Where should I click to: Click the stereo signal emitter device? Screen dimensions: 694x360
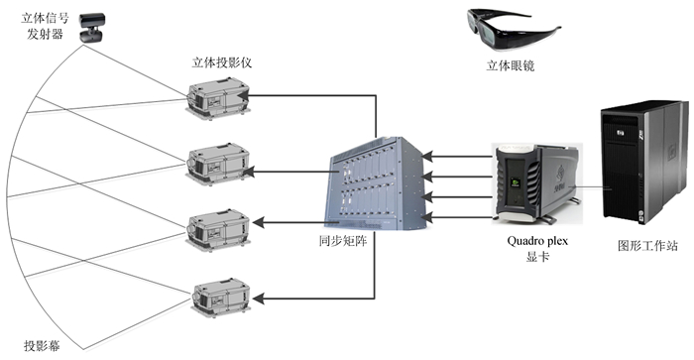click(x=92, y=28)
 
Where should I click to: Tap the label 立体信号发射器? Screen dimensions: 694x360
click(x=46, y=26)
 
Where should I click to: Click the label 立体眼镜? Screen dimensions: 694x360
click(x=511, y=66)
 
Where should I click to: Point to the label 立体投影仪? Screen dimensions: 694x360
click(x=222, y=62)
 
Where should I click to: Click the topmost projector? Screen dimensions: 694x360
click(x=218, y=98)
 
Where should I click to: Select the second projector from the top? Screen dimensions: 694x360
click(x=218, y=164)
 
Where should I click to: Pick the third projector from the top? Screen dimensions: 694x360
click(x=218, y=230)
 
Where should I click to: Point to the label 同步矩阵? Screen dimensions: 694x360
click(x=343, y=241)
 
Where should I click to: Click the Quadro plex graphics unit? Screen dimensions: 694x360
click(x=536, y=182)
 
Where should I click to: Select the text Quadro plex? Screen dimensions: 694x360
click(x=537, y=241)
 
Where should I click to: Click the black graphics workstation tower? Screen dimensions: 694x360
click(x=643, y=164)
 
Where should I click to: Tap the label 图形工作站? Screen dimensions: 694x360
click(x=647, y=246)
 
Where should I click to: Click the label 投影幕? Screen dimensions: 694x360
click(x=43, y=345)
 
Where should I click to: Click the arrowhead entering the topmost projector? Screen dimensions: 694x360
click(x=244, y=95)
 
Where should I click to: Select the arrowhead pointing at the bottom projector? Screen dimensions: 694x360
click(x=259, y=299)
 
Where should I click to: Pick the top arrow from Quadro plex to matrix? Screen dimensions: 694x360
click(x=457, y=156)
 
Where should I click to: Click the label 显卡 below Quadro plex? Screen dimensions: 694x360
click(x=537, y=257)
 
